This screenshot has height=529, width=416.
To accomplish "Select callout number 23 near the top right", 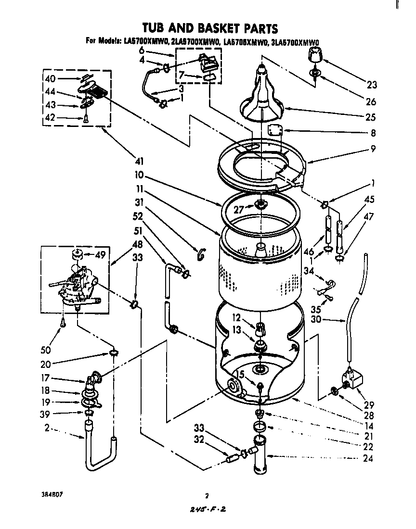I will point(371,85).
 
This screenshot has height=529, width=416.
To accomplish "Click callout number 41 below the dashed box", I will point(139,161).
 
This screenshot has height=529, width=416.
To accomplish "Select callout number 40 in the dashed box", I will point(50,79).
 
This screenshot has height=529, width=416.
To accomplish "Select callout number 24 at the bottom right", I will point(369,458).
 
